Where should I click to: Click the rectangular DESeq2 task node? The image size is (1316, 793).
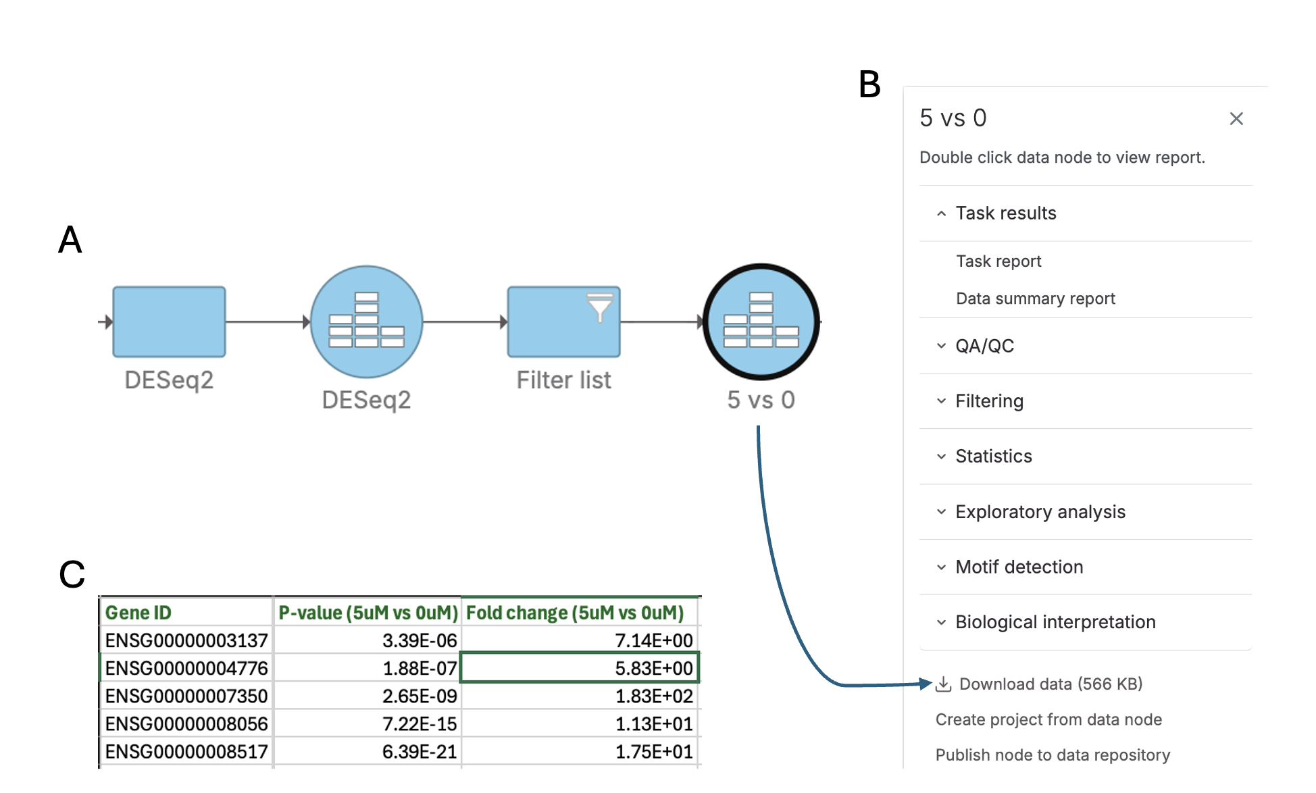[169, 322]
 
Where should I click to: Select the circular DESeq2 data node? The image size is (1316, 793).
[366, 322]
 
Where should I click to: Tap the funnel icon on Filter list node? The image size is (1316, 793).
[599, 307]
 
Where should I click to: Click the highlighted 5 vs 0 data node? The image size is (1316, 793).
[761, 322]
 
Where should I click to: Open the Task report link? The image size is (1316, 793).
[998, 261]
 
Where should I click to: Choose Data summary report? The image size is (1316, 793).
[1035, 299]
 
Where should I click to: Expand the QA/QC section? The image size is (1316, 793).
[984, 346]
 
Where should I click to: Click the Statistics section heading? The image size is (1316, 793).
[993, 457]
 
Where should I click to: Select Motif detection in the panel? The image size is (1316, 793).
[1019, 567]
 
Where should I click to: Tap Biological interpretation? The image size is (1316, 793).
[1055, 622]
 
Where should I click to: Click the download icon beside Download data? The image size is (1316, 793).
[944, 685]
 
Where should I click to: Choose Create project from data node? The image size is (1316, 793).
[1048, 720]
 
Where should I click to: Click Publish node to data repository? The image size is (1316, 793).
[1053, 755]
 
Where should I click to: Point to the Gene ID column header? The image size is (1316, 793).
[138, 613]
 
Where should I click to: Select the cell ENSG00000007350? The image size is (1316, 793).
[186, 696]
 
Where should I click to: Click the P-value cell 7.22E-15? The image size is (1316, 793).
[420, 723]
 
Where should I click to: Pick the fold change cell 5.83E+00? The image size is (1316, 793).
[653, 668]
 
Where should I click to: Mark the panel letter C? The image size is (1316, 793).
[72, 575]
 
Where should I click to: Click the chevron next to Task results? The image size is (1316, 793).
[941, 213]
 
